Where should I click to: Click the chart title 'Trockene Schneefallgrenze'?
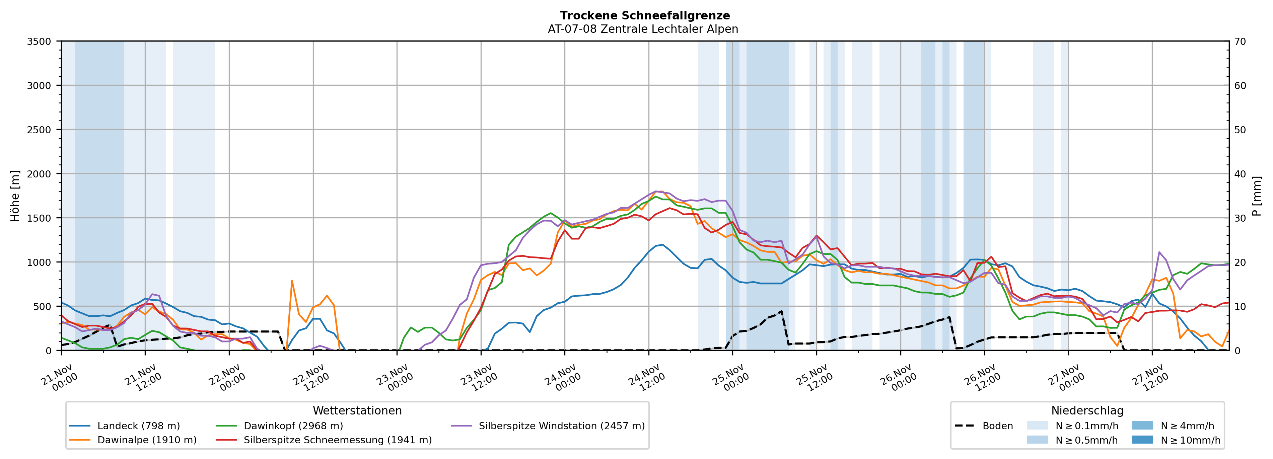(x=644, y=16)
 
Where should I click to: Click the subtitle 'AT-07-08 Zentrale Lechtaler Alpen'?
(x=642, y=29)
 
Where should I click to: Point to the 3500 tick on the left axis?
(x=39, y=42)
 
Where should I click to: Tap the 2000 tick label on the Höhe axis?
(x=39, y=174)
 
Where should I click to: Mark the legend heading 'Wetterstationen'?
(x=357, y=410)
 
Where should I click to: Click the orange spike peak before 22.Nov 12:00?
(x=292, y=281)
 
